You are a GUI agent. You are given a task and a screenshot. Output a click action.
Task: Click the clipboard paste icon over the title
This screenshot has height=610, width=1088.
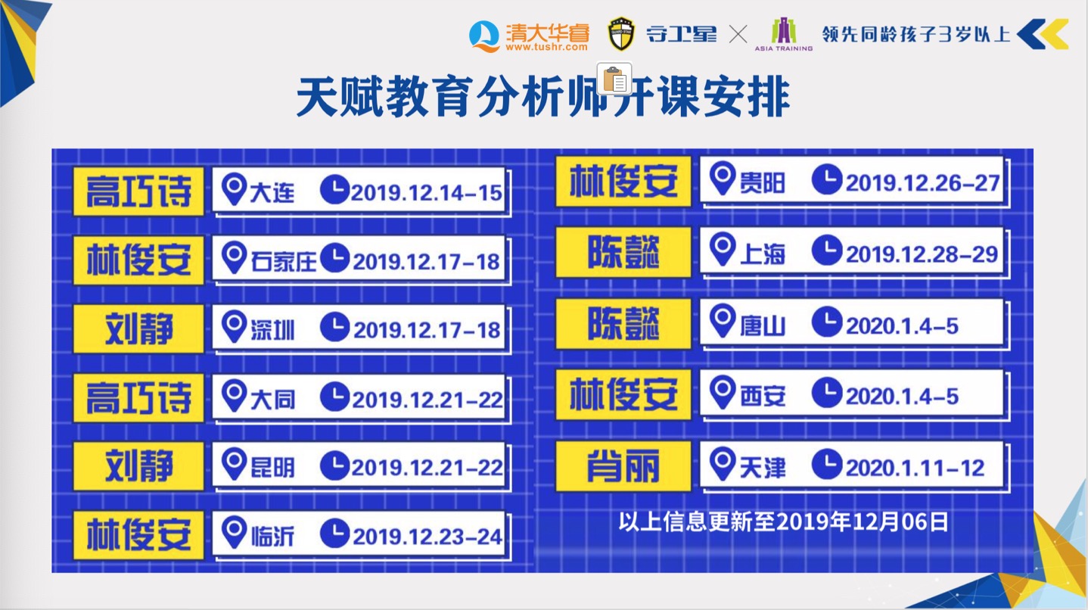tap(614, 79)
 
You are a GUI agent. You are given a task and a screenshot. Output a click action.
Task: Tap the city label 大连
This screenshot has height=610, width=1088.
tap(272, 192)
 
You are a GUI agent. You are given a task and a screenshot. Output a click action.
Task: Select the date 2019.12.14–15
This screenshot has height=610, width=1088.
tap(427, 193)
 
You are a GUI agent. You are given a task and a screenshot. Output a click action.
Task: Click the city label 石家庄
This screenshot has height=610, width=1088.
tap(283, 262)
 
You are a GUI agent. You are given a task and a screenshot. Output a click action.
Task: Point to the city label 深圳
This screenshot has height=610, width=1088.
tap(272, 330)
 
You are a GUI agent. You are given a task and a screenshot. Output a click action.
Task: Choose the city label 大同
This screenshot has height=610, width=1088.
tap(272, 400)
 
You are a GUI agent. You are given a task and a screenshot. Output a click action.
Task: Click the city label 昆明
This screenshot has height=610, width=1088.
tap(272, 468)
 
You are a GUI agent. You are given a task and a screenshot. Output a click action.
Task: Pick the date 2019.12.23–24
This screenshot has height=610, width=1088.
tap(427, 537)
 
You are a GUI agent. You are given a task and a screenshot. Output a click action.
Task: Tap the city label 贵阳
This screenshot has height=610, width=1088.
tap(762, 183)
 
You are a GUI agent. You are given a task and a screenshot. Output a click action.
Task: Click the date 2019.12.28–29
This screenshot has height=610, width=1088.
tap(922, 254)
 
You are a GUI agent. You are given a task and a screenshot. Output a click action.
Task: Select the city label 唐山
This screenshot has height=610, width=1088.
tap(762, 325)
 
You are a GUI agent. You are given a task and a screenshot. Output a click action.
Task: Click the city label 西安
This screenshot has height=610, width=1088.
tap(762, 397)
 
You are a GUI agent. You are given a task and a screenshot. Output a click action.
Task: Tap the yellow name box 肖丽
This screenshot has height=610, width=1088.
tap(623, 465)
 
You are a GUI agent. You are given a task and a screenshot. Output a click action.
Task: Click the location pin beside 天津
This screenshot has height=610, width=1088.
tap(723, 464)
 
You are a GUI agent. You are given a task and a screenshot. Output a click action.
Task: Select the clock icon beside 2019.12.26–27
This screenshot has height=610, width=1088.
tap(827, 179)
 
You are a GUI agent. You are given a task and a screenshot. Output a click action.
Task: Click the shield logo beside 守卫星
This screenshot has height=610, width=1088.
tap(621, 34)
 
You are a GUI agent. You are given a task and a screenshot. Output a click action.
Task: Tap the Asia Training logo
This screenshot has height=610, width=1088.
tap(783, 34)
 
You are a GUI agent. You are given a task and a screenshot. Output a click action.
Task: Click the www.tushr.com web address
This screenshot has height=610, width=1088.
tap(546, 47)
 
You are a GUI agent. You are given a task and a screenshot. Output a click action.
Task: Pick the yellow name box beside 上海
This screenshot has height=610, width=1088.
tap(623, 252)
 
